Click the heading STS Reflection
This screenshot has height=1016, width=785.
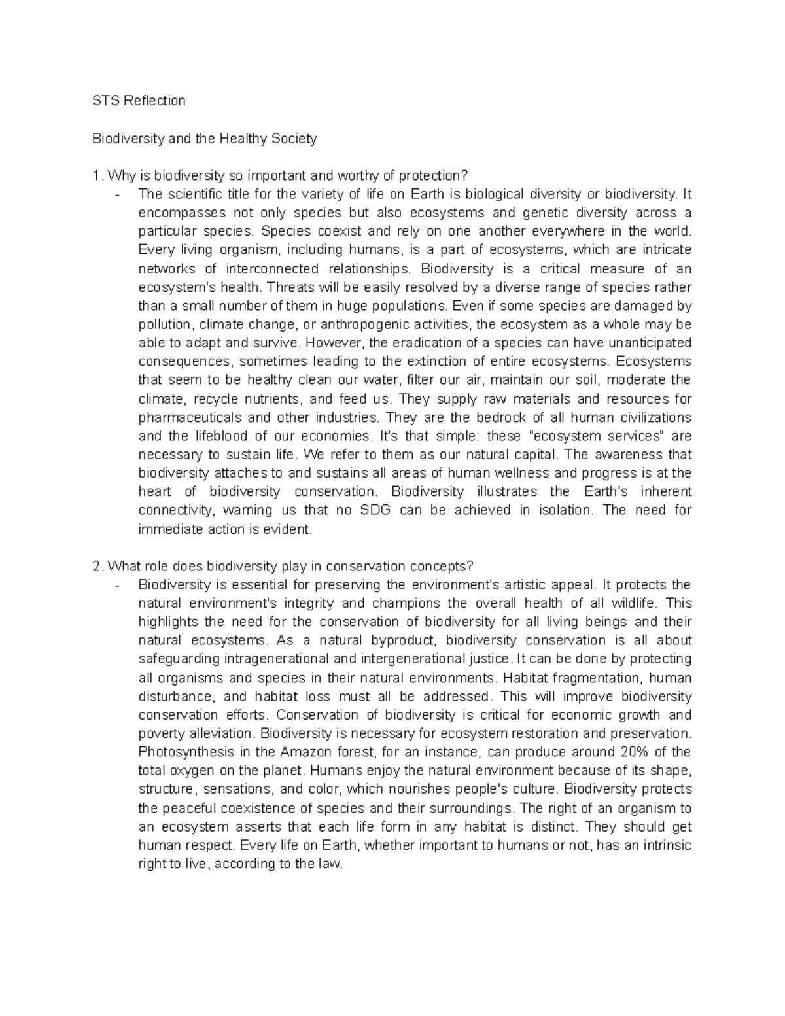point(139,101)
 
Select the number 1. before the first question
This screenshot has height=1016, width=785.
point(98,176)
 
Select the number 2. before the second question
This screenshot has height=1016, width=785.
point(98,566)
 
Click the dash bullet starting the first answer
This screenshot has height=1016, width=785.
point(117,194)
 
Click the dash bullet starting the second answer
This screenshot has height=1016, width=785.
point(117,585)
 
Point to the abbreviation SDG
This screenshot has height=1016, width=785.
point(375,510)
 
